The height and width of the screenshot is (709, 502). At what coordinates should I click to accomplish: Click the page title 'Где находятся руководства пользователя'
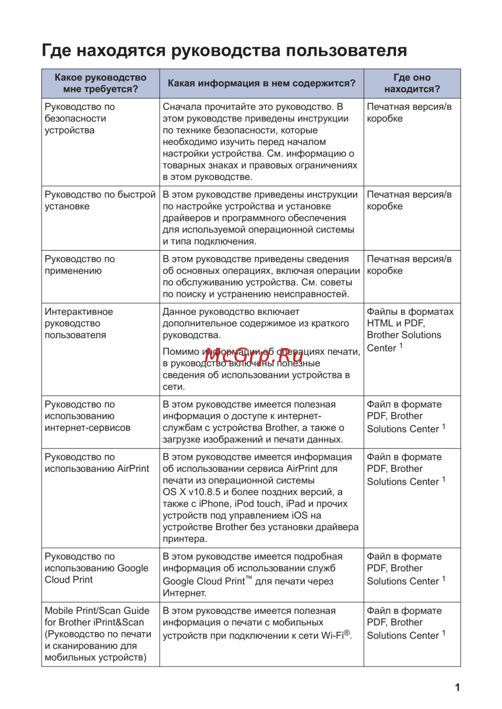coord(224,51)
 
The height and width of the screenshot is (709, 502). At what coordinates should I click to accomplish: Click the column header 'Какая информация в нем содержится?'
coord(261,83)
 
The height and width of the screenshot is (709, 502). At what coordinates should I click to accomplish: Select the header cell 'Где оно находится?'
coord(412,83)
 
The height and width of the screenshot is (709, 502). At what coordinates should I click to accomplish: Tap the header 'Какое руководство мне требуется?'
coord(100,83)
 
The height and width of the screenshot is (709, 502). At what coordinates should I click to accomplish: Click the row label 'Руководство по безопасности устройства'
coord(79,119)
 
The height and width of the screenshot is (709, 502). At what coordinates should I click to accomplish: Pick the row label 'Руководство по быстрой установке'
coord(100,200)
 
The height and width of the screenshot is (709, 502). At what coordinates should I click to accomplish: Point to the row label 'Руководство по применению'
coord(79,265)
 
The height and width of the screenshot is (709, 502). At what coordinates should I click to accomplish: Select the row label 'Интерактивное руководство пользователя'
coord(78,323)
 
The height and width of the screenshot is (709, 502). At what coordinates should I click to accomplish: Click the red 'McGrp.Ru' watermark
coord(254,356)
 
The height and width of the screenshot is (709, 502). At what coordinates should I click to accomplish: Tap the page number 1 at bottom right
coord(457,687)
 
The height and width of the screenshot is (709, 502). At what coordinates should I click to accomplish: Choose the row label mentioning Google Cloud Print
coord(96,568)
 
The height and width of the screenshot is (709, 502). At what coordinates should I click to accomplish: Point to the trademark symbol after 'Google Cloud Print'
coord(248,578)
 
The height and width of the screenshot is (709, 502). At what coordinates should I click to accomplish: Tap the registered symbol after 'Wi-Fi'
coord(347,633)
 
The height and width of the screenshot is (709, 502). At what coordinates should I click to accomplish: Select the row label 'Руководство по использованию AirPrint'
coord(96,463)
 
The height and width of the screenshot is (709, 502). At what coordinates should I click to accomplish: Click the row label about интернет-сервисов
coord(87,416)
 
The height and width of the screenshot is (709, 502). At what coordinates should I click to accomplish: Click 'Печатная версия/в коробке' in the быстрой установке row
coord(409,200)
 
